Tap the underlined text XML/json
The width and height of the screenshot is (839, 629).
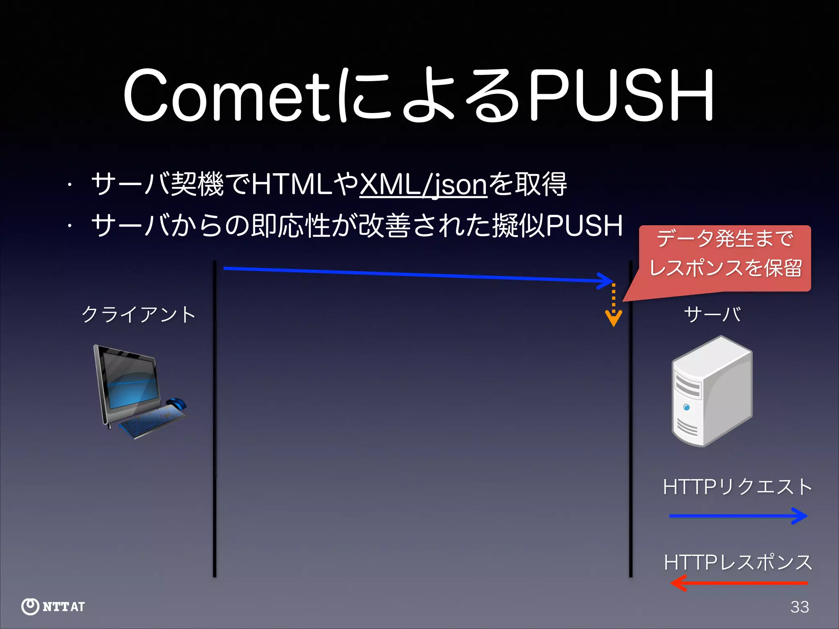[x=423, y=185]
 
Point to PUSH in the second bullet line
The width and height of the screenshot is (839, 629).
[x=584, y=226]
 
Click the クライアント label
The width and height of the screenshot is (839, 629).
[x=138, y=314]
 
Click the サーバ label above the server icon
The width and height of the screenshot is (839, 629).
[x=712, y=314]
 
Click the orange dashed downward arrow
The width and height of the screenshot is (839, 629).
[x=613, y=305]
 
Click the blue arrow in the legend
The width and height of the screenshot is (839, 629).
[x=738, y=516]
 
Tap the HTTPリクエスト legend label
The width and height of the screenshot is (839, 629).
[x=737, y=487]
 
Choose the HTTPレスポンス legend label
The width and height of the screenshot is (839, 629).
[x=738, y=562]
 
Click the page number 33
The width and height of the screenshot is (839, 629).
[x=800, y=607]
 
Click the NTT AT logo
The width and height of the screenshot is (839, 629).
[x=53, y=606]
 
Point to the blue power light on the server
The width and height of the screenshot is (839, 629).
[x=687, y=407]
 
